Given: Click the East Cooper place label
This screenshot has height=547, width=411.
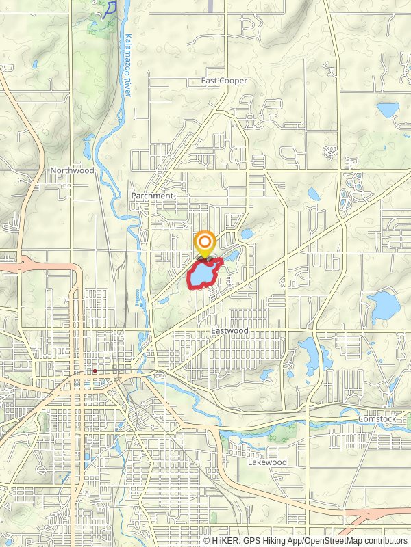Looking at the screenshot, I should [224, 81].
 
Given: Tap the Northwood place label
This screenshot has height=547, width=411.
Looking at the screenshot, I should [72, 170].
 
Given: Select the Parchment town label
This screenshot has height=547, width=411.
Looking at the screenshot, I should [152, 196].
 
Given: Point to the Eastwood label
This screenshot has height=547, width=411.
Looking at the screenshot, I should [229, 331].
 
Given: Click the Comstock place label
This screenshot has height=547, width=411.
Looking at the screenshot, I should [377, 418].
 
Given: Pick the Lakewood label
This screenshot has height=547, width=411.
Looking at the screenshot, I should [267, 462].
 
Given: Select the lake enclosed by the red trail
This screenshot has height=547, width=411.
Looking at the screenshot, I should [203, 275].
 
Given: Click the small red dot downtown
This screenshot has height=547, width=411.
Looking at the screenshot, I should [95, 371].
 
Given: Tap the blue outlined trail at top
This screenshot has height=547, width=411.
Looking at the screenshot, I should [109, 9].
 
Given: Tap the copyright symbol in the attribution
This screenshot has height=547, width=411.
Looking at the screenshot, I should [208, 540].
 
